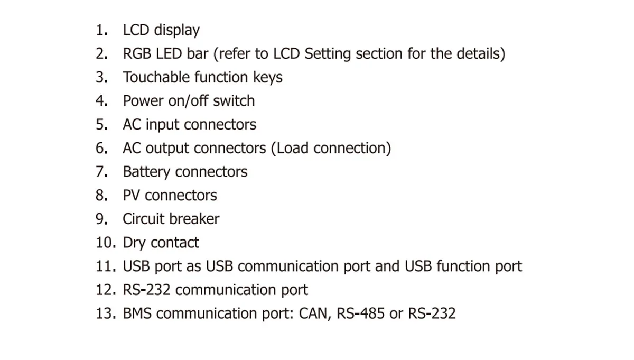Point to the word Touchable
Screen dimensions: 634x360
pos(156,77)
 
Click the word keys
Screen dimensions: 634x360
pos(268,78)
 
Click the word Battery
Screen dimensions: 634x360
pos(146,172)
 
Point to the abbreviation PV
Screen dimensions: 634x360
pos(132,195)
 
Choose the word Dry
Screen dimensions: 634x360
pos(134,243)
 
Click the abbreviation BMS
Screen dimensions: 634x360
pos(137,313)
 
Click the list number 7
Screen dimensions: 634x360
pos(101,172)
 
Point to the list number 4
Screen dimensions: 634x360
pos(101,101)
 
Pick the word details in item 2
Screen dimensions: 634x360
pos(477,54)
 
